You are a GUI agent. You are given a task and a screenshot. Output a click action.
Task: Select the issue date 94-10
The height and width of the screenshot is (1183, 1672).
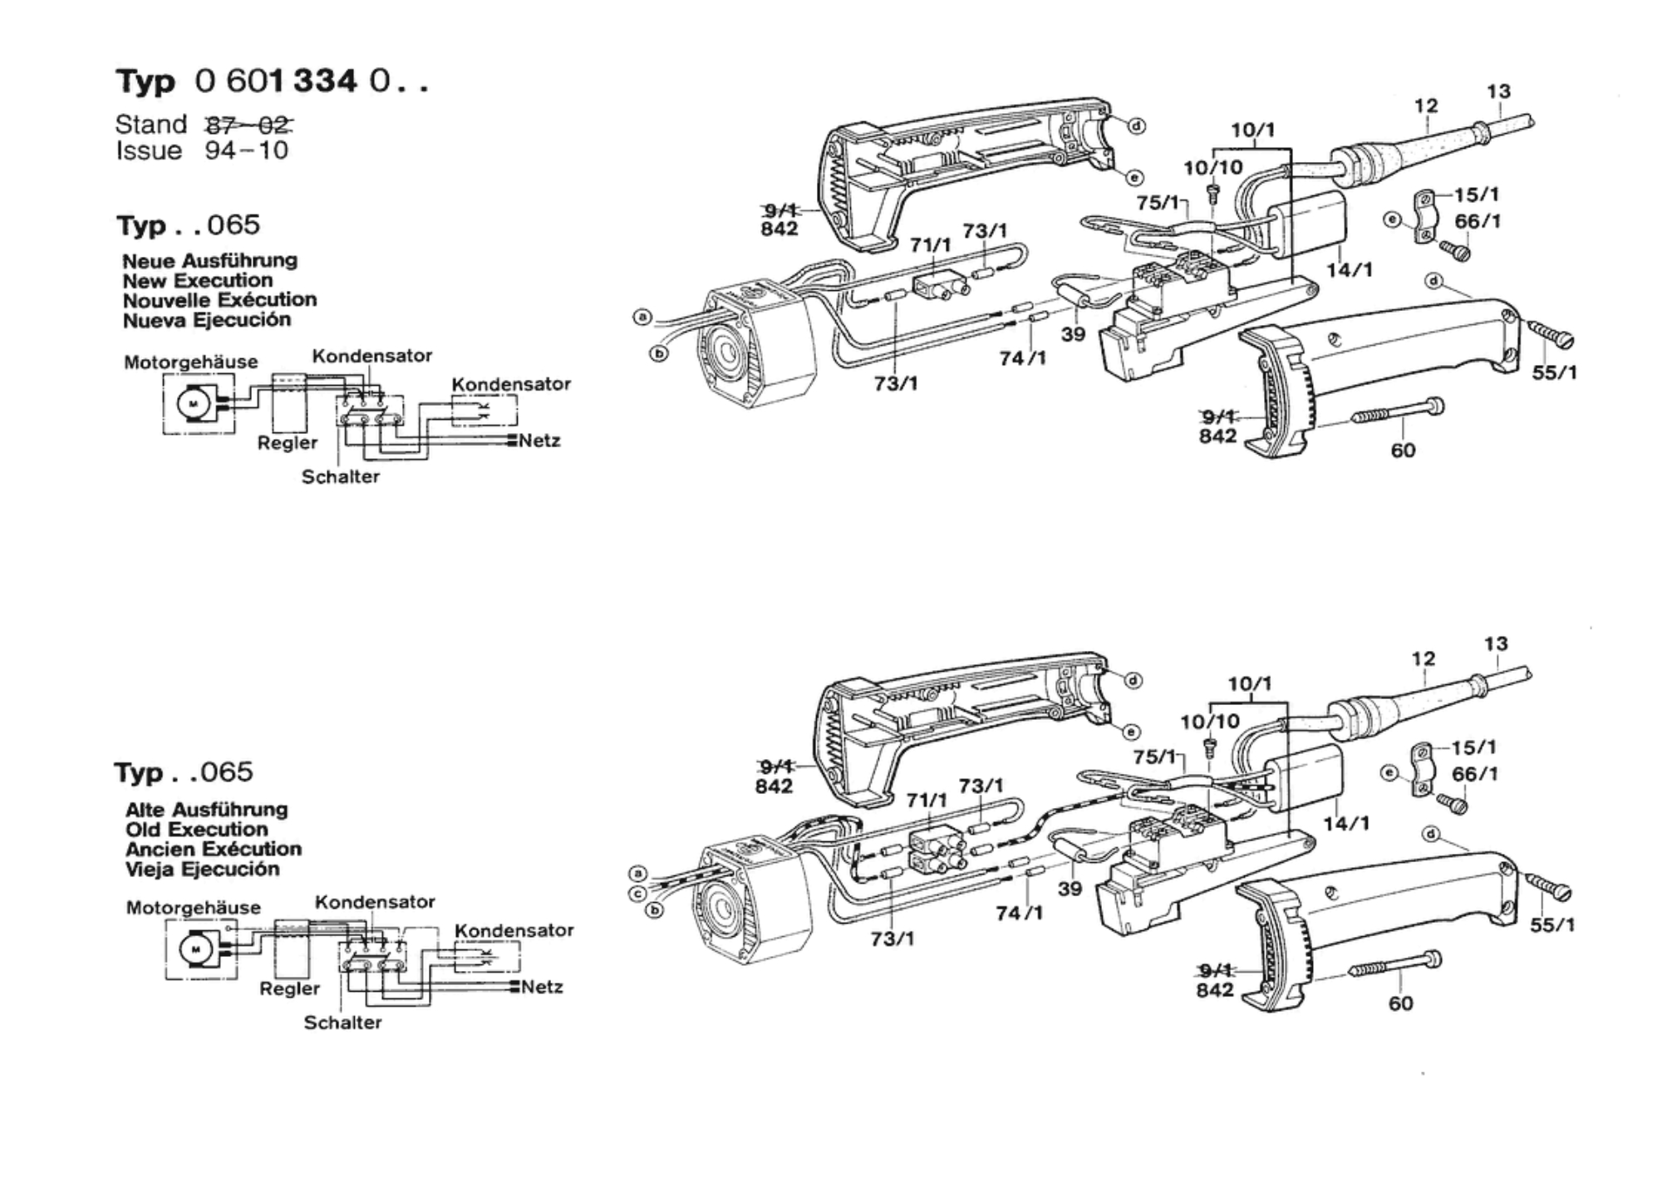[x=247, y=150]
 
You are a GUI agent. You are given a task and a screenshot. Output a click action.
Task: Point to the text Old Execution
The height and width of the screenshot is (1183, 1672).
[x=197, y=829]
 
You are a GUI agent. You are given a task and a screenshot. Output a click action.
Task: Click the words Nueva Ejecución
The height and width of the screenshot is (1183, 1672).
[x=207, y=320]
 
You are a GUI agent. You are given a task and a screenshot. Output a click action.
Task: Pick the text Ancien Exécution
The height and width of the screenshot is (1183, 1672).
[x=214, y=849]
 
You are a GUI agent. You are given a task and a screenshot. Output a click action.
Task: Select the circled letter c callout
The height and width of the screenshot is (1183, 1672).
[x=638, y=894]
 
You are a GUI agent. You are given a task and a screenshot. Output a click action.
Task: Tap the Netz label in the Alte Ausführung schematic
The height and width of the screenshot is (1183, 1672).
[x=543, y=987]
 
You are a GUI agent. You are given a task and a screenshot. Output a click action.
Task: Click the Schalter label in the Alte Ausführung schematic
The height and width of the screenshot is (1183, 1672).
[x=342, y=1023]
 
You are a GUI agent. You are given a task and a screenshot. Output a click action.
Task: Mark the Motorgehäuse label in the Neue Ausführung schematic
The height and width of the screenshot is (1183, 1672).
[x=191, y=362]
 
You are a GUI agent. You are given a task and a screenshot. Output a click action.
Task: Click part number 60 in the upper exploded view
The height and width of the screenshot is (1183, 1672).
[x=1403, y=451]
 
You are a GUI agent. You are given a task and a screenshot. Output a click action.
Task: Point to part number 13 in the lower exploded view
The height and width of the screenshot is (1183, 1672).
[x=1496, y=643]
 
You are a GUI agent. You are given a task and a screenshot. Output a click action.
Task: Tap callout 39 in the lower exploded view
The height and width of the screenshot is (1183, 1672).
[x=1070, y=889]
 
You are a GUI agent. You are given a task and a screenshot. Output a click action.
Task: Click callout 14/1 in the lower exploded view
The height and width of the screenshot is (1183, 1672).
[x=1347, y=823]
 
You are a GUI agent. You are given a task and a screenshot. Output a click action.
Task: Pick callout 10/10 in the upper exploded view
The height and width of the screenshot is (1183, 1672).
[x=1213, y=168]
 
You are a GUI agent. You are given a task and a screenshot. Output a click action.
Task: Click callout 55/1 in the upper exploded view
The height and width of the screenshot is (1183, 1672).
[x=1555, y=372]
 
